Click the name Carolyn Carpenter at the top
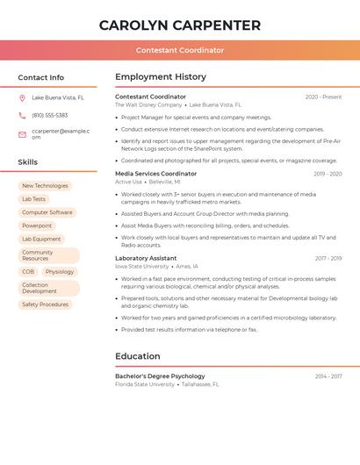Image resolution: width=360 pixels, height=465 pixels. [x=180, y=25]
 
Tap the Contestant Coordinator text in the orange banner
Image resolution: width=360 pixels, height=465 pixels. [x=180, y=51]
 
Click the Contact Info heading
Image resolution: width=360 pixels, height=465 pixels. [x=40, y=77]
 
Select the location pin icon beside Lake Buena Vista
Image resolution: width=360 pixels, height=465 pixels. [x=22, y=98]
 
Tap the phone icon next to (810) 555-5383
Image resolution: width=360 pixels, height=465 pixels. [x=22, y=116]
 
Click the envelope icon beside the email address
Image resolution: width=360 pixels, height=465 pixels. [x=22, y=134]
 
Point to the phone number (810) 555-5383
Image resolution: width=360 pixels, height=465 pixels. [x=49, y=116]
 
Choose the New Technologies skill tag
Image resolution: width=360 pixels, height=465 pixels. [x=45, y=186]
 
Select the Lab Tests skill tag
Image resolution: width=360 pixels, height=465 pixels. [x=33, y=199]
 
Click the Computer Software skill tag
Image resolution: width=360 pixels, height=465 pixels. [x=47, y=212]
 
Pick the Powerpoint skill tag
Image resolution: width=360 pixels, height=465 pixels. [x=37, y=225]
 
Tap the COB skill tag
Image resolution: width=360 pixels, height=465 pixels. [x=28, y=272]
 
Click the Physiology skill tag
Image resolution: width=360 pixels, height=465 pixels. [x=60, y=272]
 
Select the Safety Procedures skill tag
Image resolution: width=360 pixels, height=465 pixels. [x=45, y=304]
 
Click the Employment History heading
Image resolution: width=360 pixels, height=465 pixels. [x=161, y=77]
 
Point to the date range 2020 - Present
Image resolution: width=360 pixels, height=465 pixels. [x=323, y=97]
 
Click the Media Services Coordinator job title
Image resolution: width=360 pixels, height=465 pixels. [x=155, y=174]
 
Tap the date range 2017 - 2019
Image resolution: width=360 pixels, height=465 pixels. [x=328, y=259]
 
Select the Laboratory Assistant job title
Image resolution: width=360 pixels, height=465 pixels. [x=146, y=259]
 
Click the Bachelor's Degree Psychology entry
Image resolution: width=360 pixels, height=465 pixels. [x=160, y=376]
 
